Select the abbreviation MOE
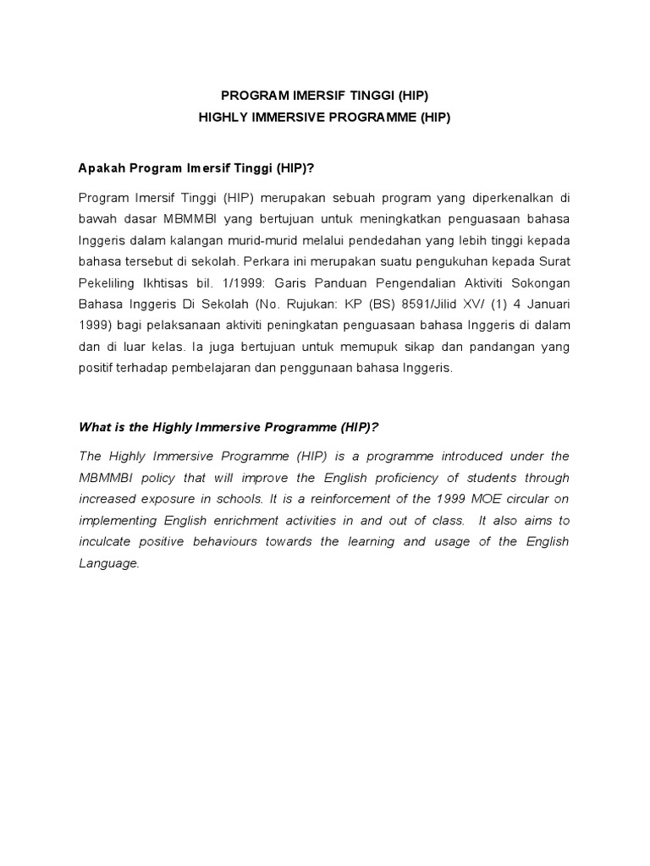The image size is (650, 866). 487,499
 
